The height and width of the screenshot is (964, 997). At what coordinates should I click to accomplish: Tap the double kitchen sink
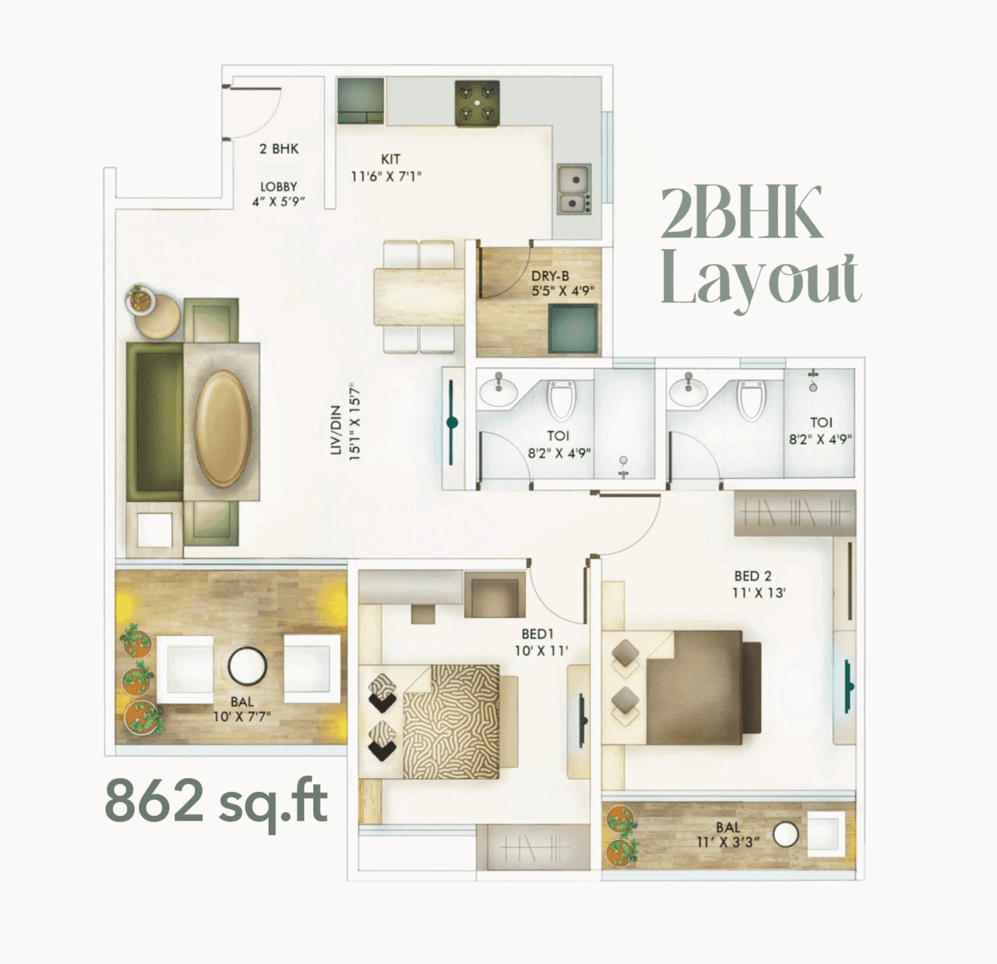(573, 189)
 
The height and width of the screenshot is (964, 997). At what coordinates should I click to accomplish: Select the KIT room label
(390, 159)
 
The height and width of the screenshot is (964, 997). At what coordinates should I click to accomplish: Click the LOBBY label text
(279, 187)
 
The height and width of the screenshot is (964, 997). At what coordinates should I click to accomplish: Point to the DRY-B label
(550, 276)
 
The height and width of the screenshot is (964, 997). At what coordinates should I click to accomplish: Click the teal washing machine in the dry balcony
(572, 328)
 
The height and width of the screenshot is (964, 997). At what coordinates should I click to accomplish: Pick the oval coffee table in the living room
(223, 428)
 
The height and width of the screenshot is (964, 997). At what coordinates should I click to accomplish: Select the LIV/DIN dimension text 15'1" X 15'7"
(355, 421)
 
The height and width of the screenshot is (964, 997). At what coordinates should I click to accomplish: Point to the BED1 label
(537, 635)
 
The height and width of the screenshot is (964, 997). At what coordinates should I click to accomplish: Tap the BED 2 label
(752, 576)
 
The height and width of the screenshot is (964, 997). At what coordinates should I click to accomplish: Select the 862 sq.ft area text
(216, 800)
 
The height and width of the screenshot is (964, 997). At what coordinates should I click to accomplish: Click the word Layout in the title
(760, 281)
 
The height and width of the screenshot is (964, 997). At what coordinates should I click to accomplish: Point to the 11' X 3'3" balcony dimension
(728, 842)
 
